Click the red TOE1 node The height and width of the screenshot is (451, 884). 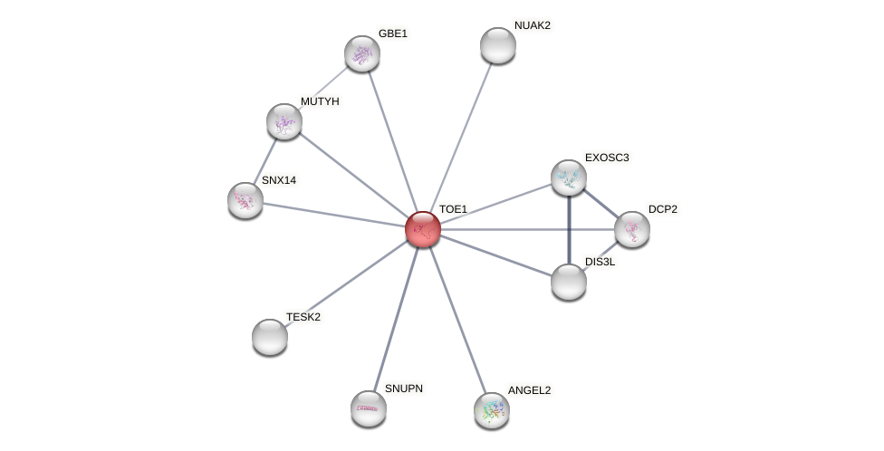click(x=423, y=229)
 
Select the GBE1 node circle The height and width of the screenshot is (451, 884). click(x=362, y=53)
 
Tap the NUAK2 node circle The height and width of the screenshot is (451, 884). click(x=497, y=45)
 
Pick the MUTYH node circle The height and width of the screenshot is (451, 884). click(x=284, y=121)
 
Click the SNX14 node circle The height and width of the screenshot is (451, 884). click(x=245, y=200)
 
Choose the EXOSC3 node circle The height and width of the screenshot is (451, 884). click(x=569, y=178)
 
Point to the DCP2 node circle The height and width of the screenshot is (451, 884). click(x=632, y=229)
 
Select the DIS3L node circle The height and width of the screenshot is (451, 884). click(x=569, y=282)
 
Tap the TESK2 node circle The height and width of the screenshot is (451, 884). click(x=270, y=337)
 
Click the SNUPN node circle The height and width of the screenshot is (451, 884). click(x=369, y=408)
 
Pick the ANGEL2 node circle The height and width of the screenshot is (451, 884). click(x=492, y=410)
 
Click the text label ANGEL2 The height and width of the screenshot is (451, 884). click(x=529, y=390)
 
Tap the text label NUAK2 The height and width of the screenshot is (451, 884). click(x=532, y=25)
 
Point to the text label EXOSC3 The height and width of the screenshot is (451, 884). click(x=607, y=158)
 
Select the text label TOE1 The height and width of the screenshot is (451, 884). click(x=453, y=209)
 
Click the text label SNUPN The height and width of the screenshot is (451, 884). click(x=403, y=389)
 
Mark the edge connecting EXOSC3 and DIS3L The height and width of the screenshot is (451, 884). click(x=569, y=230)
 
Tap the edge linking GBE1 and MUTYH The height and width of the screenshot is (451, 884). click(x=323, y=88)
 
